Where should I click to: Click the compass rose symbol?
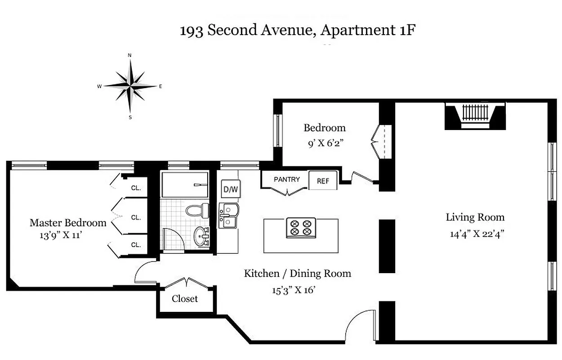(130, 85)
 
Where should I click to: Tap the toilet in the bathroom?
(197, 210)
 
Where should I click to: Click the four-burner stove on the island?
(301, 227)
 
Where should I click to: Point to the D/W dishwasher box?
(231, 189)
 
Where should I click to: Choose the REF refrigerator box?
(323, 181)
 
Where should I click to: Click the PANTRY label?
(286, 179)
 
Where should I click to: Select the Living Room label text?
(475, 217)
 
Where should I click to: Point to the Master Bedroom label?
(68, 223)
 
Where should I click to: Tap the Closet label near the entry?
(184, 299)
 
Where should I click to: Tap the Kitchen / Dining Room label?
(297, 273)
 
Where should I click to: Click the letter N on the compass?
(130, 55)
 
